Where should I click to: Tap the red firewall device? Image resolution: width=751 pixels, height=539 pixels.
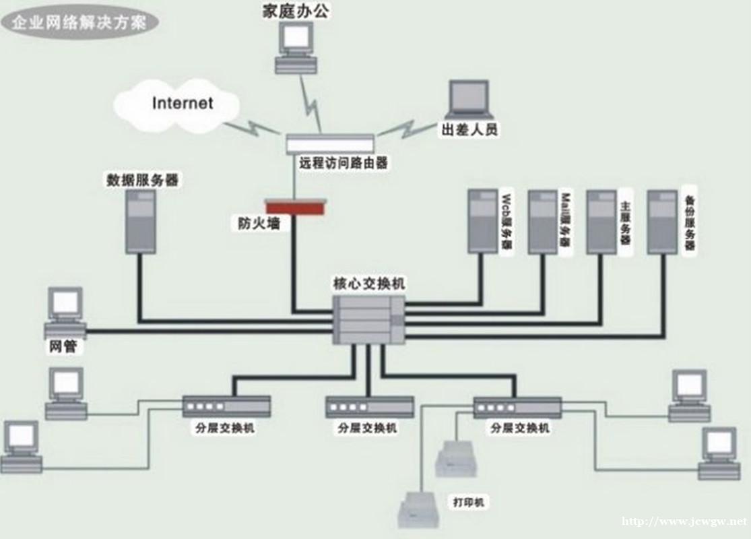tap(296, 207)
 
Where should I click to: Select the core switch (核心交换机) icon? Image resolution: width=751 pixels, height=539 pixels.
tap(369, 319)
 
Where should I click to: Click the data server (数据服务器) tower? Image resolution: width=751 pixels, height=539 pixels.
tap(141, 221)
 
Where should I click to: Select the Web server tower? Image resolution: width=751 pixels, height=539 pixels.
tap(482, 221)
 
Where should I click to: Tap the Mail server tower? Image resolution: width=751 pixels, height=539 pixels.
tap(542, 222)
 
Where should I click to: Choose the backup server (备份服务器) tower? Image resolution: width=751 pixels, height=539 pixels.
tap(662, 222)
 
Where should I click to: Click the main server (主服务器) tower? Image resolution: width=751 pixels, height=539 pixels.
tap(601, 222)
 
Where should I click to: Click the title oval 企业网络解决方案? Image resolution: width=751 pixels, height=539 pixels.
tap(81, 22)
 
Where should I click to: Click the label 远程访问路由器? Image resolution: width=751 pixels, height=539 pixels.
tap(344, 162)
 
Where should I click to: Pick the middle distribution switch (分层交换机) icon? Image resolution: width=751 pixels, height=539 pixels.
tap(369, 407)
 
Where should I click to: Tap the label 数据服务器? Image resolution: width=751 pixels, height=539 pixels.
tap(142, 180)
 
